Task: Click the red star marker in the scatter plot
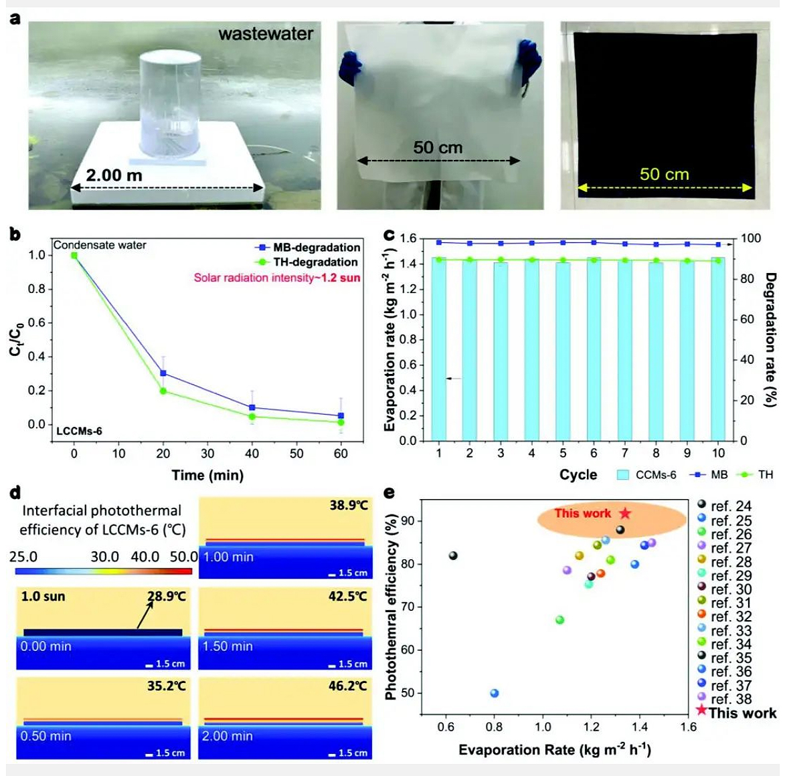click(625, 513)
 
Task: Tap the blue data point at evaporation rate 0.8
click(495, 693)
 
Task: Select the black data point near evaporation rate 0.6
click(453, 555)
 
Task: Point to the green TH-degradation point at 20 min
click(163, 391)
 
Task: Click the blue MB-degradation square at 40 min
click(252, 407)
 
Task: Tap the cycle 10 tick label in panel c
click(718, 454)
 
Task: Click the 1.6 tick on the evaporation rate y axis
click(408, 239)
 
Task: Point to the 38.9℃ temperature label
click(348, 505)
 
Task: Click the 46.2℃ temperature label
click(348, 686)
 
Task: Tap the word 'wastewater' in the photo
click(266, 34)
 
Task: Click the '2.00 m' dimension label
click(114, 175)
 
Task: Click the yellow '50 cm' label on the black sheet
click(664, 175)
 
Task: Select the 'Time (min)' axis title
click(207, 475)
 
